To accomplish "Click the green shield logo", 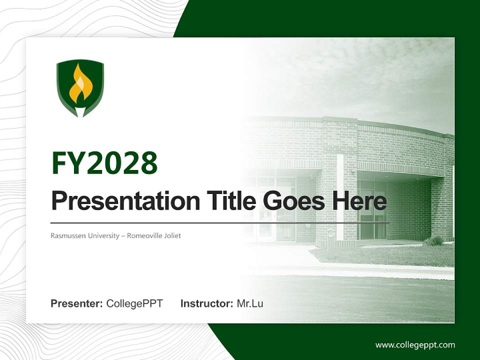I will point(80,88).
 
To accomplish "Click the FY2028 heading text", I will point(104,163).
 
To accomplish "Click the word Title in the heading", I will point(223,201).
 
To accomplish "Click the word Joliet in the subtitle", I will point(171,235).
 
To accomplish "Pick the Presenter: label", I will point(77,303).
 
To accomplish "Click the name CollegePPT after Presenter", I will point(134,303).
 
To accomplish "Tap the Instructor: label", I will point(206,303).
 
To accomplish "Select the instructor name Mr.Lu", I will point(250,303).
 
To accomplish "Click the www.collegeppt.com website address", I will point(415,345).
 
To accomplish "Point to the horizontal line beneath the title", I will point(220,222).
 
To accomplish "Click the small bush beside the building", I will point(433,241).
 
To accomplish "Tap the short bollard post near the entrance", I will point(330,243).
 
